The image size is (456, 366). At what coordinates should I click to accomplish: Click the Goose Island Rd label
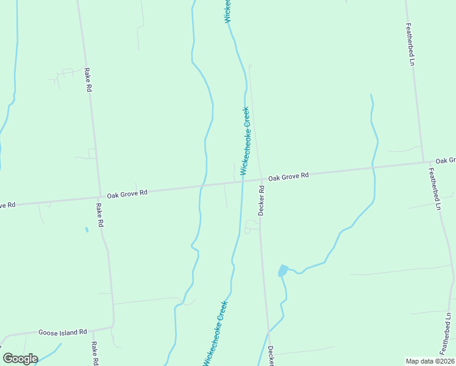63,332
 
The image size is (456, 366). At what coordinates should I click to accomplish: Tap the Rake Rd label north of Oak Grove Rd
88,80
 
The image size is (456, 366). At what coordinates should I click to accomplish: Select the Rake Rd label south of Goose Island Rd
95,353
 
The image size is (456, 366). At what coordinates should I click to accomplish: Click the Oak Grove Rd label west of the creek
127,193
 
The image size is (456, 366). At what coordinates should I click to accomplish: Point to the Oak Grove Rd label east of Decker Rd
288,176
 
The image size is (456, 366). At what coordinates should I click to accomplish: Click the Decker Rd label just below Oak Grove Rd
261,201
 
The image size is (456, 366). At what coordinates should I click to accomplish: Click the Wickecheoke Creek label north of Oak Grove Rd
245,141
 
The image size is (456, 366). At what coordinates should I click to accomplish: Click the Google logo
20,358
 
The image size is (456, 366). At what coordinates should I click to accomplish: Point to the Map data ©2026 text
430,361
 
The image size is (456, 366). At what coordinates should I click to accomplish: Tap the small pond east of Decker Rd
282,270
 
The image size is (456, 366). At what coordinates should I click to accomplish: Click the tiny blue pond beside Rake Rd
87,229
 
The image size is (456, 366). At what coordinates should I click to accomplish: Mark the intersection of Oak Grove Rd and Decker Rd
258,179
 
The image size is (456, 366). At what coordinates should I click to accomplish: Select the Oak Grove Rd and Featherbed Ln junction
424,162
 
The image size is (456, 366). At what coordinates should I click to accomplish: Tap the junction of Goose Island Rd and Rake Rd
113,328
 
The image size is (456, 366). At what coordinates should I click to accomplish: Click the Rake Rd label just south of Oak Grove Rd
99,215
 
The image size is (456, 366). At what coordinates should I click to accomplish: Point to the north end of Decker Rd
250,66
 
